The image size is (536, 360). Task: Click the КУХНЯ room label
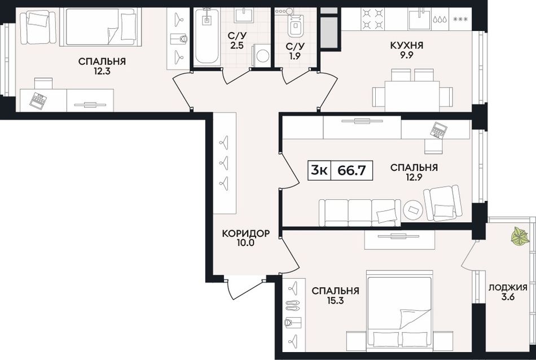coord(406,46)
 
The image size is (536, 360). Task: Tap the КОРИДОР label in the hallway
coord(246,234)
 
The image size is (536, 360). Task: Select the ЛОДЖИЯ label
coord(508,288)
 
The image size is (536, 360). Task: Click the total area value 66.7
coord(352,170)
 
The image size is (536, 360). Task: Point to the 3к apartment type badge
coord(319,170)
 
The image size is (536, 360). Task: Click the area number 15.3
coord(335,301)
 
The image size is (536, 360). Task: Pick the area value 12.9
coord(414,177)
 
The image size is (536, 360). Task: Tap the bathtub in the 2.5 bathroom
coord(208,37)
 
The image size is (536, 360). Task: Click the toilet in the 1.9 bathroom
coord(294,23)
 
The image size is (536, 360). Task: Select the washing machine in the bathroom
coord(261,55)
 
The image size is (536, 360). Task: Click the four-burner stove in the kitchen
coord(373,19)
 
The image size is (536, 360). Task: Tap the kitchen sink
coord(419,19)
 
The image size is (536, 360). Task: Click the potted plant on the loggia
coord(520,235)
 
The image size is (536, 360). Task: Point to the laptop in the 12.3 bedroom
coord(38,100)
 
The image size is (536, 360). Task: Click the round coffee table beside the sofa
coord(413,209)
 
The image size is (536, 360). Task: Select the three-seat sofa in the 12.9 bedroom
coord(359,213)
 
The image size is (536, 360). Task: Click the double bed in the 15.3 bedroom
coord(399,311)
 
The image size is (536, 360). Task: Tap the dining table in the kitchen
coord(412,96)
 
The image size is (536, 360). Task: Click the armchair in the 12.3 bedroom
coord(38,27)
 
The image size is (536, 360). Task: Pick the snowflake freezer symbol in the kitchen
coord(460,19)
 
